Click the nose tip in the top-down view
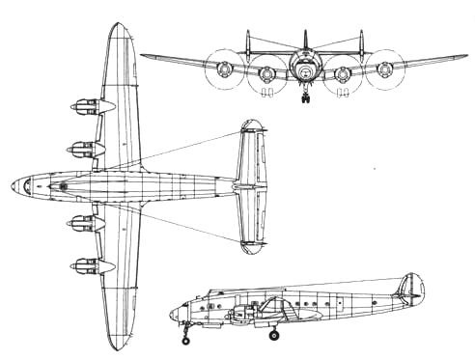click(x=9, y=183)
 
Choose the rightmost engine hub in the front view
click(x=387, y=69)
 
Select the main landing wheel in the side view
click(x=274, y=336)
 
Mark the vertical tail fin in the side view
click(x=411, y=288)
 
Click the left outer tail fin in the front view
click(x=248, y=43)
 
